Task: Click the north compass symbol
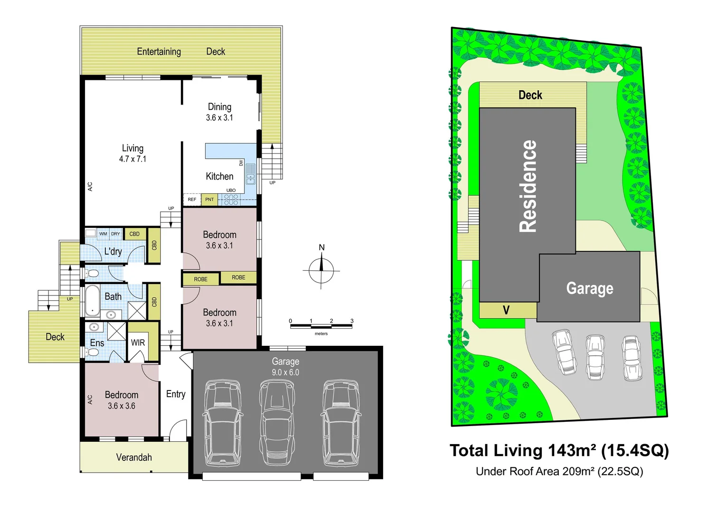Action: [x=321, y=270]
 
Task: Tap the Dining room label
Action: [x=219, y=107]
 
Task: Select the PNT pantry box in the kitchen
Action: [x=209, y=199]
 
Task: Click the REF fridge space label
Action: [x=192, y=199]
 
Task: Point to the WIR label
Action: [x=138, y=342]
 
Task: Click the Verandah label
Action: [x=134, y=457]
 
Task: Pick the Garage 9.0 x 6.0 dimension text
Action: [x=285, y=372]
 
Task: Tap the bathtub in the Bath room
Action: [x=92, y=301]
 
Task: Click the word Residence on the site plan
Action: [x=528, y=186]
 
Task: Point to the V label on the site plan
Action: [x=506, y=311]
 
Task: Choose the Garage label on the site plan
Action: [x=590, y=288]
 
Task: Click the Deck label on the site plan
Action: [x=530, y=95]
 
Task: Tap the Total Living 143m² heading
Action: [x=559, y=450]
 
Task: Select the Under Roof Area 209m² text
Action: [x=559, y=471]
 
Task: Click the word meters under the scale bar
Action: [x=321, y=334]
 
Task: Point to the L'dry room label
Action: [x=113, y=251]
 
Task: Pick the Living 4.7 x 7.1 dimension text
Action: [x=132, y=159]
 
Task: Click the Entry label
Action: [x=176, y=394]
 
